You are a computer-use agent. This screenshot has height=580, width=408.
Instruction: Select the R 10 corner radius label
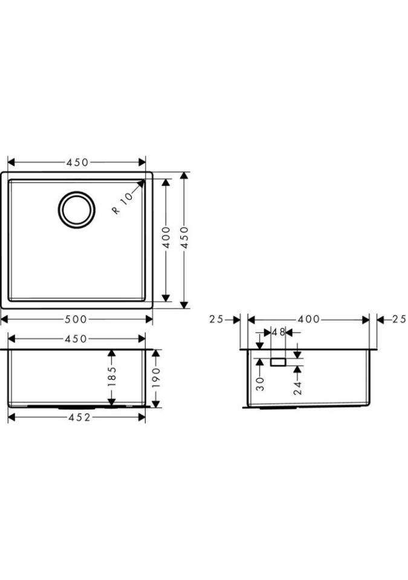122,204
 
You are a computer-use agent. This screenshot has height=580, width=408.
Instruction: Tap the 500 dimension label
76,319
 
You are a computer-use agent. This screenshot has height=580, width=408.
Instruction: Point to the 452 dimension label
79,417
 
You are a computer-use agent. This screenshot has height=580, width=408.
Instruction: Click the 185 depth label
112,376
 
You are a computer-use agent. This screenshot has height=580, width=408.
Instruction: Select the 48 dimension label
279,332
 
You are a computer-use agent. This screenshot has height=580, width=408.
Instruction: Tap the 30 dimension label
261,384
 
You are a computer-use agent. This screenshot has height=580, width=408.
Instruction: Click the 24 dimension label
297,388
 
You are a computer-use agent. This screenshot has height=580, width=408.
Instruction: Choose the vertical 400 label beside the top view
166,237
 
